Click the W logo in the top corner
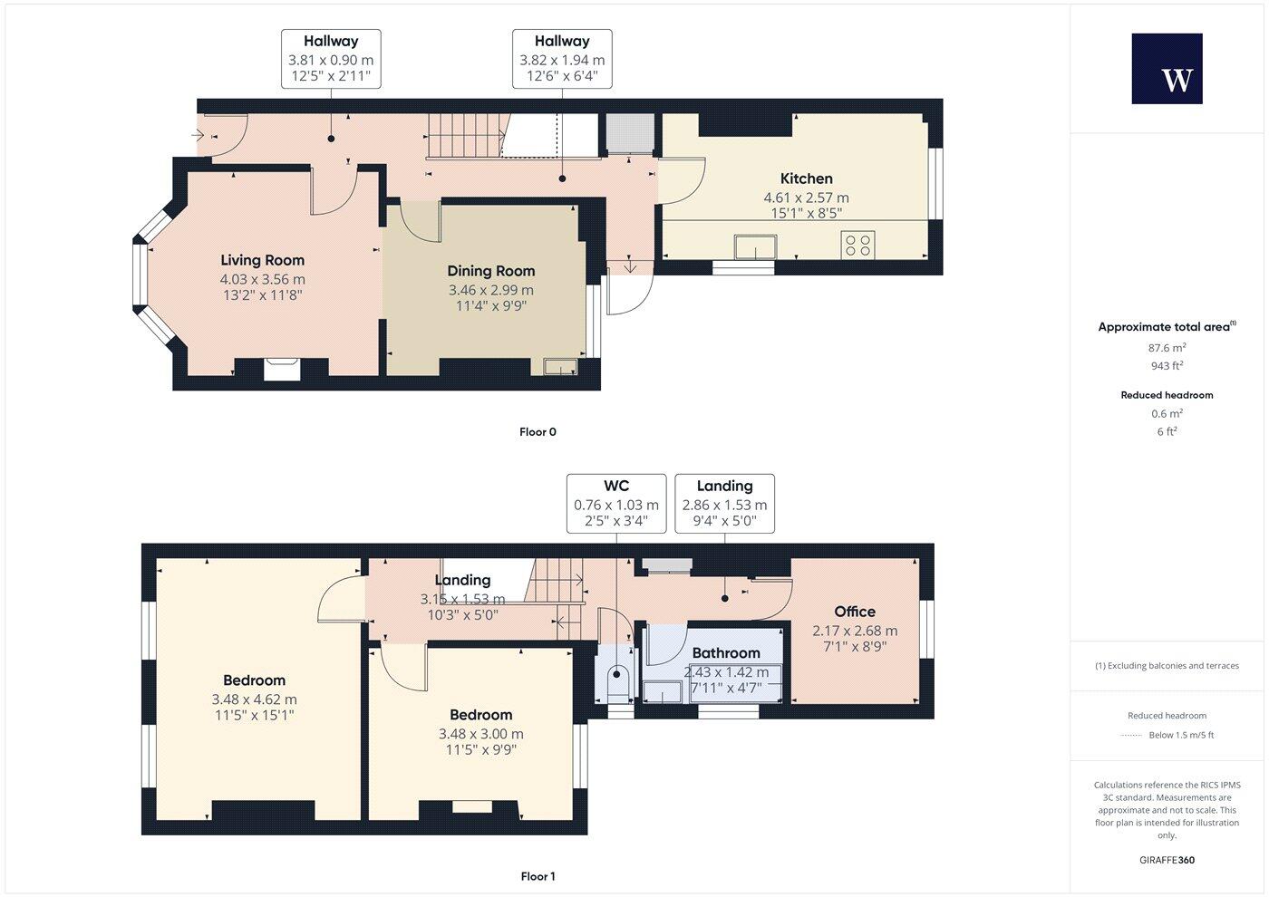(1167, 69)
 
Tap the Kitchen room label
(806, 178)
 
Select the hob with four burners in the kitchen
(857, 245)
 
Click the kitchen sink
(756, 246)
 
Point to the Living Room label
(262, 260)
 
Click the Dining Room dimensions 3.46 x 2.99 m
(490, 290)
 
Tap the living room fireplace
(281, 369)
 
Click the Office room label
(855, 612)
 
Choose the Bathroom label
(725, 652)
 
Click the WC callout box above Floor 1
(616, 503)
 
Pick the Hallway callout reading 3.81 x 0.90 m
(331, 58)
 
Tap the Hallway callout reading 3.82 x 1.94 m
(562, 58)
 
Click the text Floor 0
(538, 432)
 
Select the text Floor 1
(538, 876)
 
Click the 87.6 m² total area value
(1167, 348)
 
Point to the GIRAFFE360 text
(1167, 860)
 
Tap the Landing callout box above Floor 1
(724, 503)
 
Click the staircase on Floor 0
(465, 136)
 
